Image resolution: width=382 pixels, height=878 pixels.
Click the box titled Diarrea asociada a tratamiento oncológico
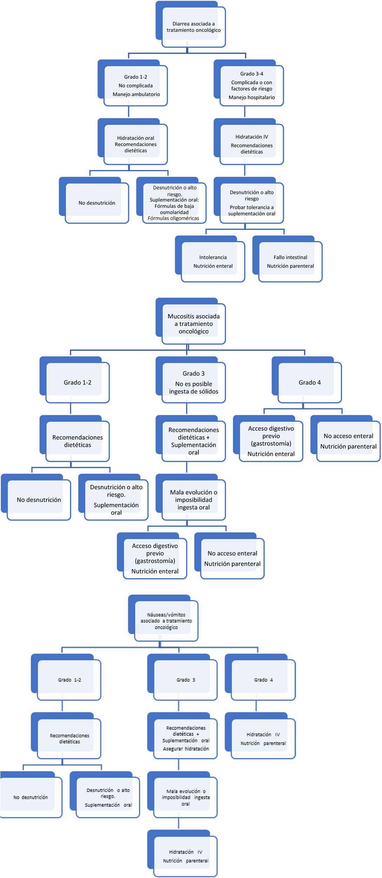(x=193, y=27)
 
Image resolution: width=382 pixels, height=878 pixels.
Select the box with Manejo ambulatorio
(x=136, y=86)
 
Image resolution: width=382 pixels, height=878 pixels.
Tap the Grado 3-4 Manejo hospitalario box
(x=252, y=86)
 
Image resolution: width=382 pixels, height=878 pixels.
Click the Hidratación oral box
(x=136, y=144)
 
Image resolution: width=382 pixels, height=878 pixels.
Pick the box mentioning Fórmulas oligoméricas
(x=174, y=203)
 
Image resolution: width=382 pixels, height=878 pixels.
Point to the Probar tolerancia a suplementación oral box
(x=252, y=203)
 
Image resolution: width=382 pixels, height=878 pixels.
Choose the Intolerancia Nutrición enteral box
(x=213, y=262)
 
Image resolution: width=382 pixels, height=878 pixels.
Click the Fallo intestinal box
(x=290, y=262)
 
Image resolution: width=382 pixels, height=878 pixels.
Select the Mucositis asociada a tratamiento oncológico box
(x=193, y=324)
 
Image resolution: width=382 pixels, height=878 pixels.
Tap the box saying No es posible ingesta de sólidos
(x=193, y=382)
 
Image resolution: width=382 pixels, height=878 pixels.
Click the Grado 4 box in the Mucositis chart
(x=309, y=382)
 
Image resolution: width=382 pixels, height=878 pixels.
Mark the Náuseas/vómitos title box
(x=166, y=621)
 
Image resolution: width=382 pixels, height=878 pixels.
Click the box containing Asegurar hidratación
(x=186, y=738)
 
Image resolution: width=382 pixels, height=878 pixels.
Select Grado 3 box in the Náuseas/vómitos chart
(x=186, y=680)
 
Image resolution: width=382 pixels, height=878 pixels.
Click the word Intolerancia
(x=213, y=257)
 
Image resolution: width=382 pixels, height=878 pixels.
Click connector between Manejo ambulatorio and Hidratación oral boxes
(x=129, y=112)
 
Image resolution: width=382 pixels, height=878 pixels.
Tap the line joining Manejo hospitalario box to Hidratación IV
(x=244, y=112)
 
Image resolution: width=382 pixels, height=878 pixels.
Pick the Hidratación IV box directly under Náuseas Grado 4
(x=263, y=738)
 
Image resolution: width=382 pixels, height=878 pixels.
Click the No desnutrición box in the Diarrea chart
(x=97, y=203)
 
